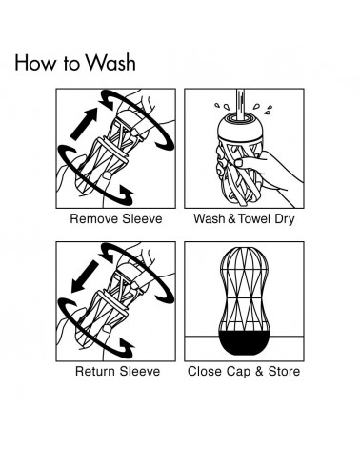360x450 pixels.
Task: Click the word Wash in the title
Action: (x=110, y=62)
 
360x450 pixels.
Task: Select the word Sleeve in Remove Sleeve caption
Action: (x=142, y=218)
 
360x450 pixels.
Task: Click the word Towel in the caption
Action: (x=254, y=218)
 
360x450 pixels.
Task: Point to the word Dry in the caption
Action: (x=285, y=219)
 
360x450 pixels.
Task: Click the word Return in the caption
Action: (x=95, y=371)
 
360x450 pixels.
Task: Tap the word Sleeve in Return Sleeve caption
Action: (x=140, y=371)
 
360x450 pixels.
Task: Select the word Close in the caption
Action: (x=205, y=371)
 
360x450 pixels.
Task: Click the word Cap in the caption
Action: (x=238, y=372)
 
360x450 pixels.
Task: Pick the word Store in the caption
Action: (x=284, y=371)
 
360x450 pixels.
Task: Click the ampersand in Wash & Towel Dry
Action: (x=231, y=218)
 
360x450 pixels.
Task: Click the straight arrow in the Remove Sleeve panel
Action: (x=84, y=124)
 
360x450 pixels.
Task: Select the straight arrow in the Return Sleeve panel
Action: (x=85, y=276)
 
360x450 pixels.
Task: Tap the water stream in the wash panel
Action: (x=240, y=105)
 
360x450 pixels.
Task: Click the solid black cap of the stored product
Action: (x=244, y=343)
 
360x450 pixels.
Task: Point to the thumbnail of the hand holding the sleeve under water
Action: (x=240, y=163)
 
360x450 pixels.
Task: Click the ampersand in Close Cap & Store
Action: (x=259, y=371)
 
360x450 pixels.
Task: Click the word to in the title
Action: (x=70, y=64)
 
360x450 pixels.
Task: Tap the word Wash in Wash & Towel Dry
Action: (x=210, y=218)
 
